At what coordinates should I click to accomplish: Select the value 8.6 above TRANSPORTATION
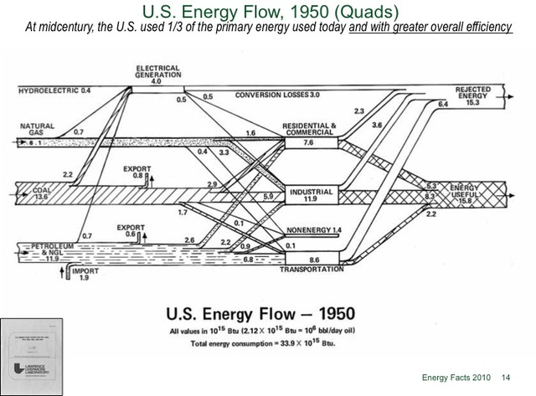coord(312,260)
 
